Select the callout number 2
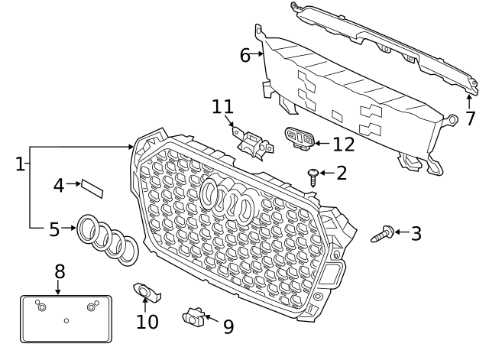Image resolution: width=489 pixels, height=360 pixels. (x=341, y=173)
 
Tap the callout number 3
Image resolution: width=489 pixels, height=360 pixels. (x=416, y=234)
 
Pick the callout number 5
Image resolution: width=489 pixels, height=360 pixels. (x=53, y=229)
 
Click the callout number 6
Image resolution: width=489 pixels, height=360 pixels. (x=244, y=55)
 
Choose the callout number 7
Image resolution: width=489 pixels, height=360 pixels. (x=470, y=118)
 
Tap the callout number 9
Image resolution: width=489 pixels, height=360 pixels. (x=228, y=326)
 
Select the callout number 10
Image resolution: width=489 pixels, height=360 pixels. (x=147, y=322)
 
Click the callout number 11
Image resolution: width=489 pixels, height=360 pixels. (x=222, y=106)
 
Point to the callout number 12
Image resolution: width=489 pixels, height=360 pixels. (x=344, y=143)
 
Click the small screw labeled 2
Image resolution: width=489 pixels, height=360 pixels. (x=313, y=174)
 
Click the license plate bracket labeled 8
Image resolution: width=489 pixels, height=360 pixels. (x=66, y=319)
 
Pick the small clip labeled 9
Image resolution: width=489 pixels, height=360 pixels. (x=193, y=315)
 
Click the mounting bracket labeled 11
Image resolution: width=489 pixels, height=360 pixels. (x=253, y=142)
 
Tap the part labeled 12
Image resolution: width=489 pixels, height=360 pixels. (x=299, y=138)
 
